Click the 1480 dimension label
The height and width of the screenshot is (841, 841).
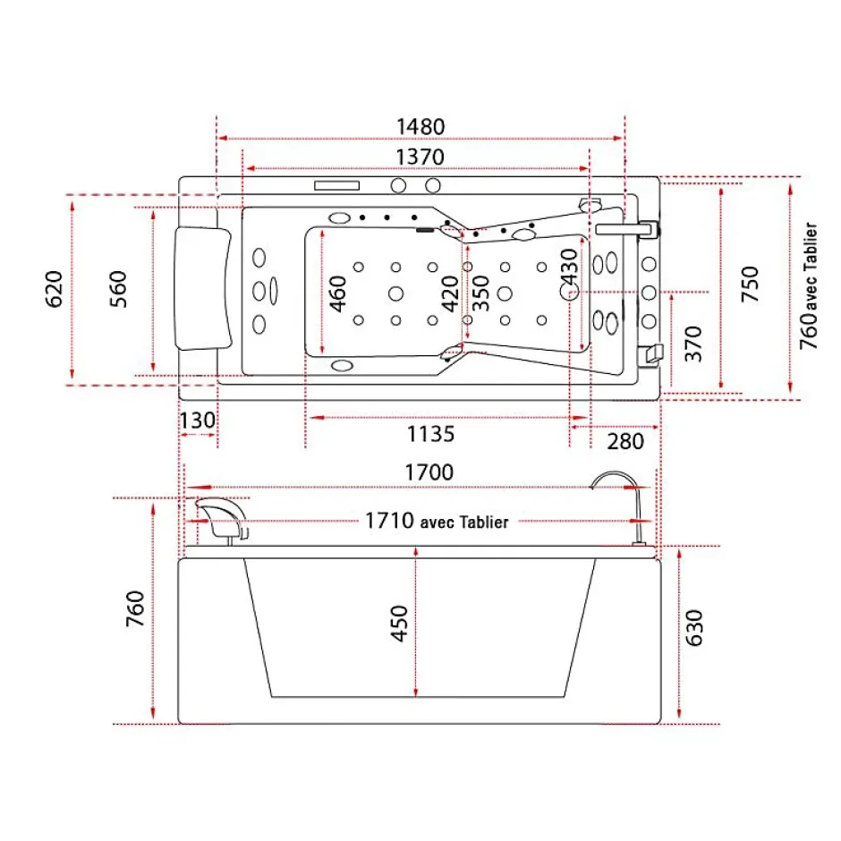point(420,127)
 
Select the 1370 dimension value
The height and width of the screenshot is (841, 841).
point(420,157)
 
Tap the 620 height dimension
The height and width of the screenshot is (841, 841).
point(55,289)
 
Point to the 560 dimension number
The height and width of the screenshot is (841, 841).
point(118,289)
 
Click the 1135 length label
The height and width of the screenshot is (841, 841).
point(430,434)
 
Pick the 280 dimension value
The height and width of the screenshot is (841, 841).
point(625,442)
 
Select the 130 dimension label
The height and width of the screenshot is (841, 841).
point(198,420)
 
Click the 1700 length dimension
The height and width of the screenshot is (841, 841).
point(429,472)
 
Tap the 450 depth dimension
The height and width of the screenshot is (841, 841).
point(399,624)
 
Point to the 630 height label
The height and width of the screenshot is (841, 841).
point(694,628)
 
